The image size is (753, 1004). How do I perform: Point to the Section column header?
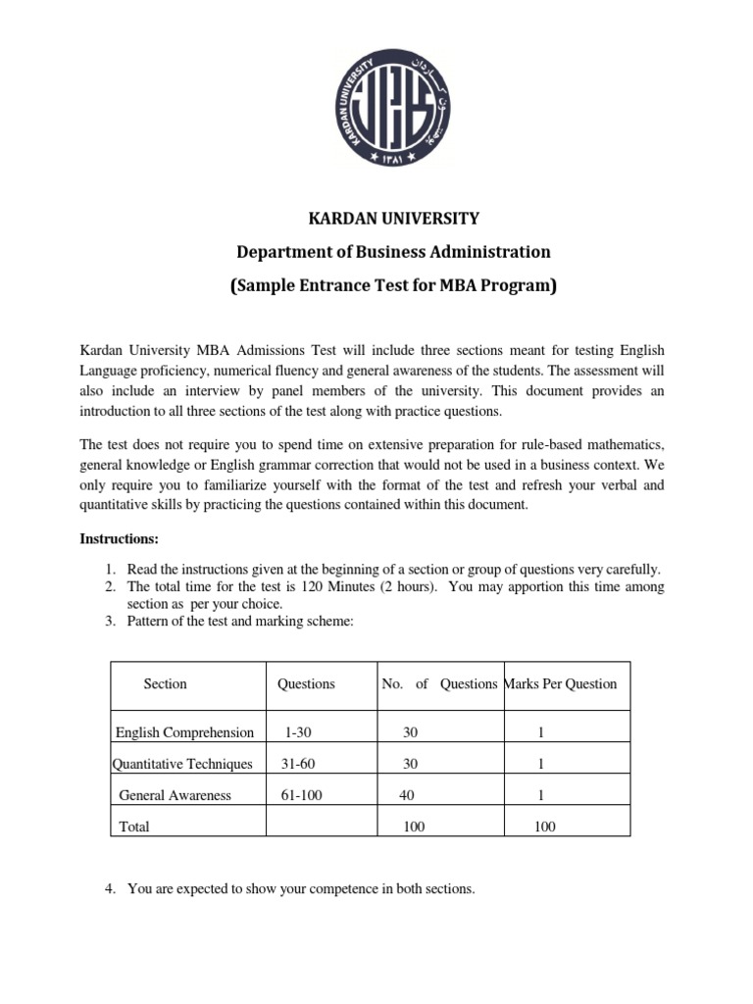165,683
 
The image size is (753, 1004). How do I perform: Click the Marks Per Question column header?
561,683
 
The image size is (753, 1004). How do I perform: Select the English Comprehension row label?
184,732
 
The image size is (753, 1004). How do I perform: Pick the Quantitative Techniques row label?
183,764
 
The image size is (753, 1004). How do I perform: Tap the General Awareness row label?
176,795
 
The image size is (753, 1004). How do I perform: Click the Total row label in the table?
134,827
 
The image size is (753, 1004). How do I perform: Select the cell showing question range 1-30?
299,732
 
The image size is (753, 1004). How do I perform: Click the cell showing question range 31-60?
298,764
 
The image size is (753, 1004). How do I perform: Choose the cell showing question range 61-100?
302,795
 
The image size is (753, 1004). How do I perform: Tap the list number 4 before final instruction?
110,889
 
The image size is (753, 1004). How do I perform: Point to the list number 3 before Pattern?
110,622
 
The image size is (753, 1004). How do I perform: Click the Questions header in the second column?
306,683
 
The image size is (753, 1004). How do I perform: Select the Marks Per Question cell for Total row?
544,827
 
